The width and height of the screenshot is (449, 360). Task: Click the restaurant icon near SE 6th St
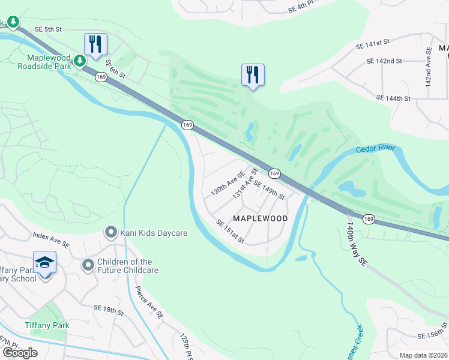(95, 44)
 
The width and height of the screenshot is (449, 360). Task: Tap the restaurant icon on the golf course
(252, 75)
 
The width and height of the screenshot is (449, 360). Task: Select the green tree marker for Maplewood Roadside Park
(79, 59)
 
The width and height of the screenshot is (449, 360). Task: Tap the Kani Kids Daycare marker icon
(110, 232)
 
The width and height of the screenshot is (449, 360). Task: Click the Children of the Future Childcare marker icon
(88, 265)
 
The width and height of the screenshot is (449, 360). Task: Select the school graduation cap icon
(44, 262)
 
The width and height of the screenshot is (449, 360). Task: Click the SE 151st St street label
(231, 232)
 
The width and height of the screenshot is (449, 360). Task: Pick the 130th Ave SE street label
(227, 184)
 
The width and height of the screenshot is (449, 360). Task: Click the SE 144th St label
(393, 97)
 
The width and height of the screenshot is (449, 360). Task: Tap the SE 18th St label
(109, 310)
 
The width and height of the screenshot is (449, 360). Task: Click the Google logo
(20, 352)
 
